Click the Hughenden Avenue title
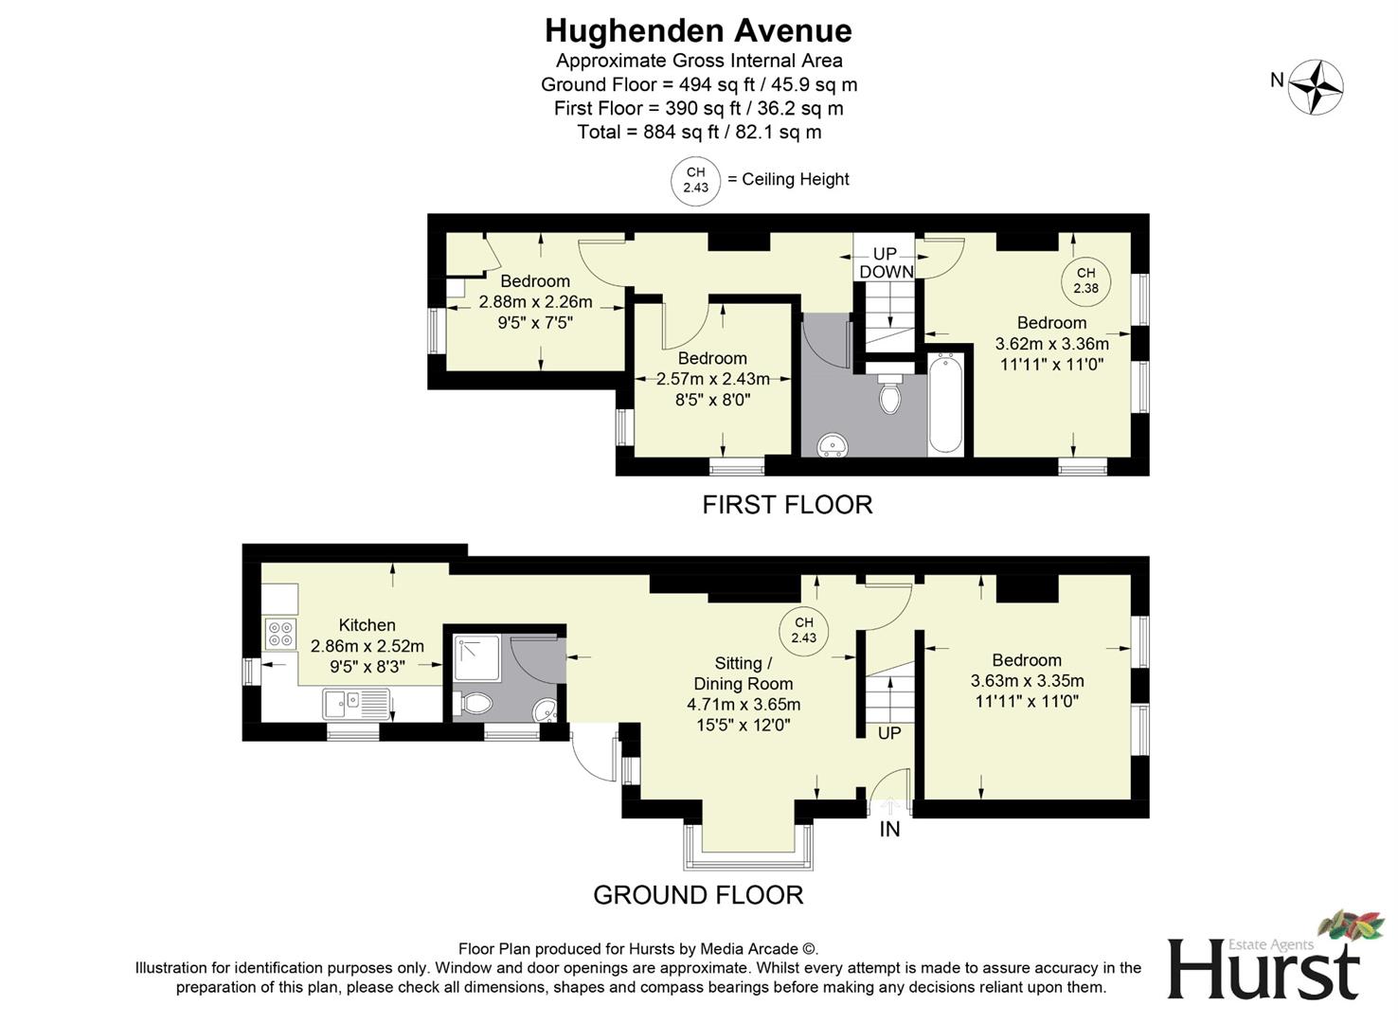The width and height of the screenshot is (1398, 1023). tap(698, 31)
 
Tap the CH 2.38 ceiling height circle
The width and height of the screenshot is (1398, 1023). tap(1084, 280)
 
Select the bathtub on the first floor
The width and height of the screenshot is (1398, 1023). tap(945, 404)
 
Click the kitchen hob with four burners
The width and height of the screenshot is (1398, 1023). tap(280, 633)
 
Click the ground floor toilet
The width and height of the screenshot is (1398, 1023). tap(475, 704)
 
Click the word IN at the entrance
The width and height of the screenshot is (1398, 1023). tap(889, 830)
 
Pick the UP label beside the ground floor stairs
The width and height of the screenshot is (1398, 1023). tap(888, 733)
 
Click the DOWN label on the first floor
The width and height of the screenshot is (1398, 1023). tap(887, 272)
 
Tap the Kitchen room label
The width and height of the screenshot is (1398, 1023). tap(367, 625)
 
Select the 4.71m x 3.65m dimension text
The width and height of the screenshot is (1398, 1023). tap(744, 705)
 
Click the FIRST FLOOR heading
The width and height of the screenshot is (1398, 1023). tap(787, 505)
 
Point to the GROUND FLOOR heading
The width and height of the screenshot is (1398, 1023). tap(698, 895)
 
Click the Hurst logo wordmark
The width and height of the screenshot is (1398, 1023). tap(1263, 968)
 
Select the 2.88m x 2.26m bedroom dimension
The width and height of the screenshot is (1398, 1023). tap(535, 302)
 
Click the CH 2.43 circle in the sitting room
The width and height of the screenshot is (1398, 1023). tap(803, 630)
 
